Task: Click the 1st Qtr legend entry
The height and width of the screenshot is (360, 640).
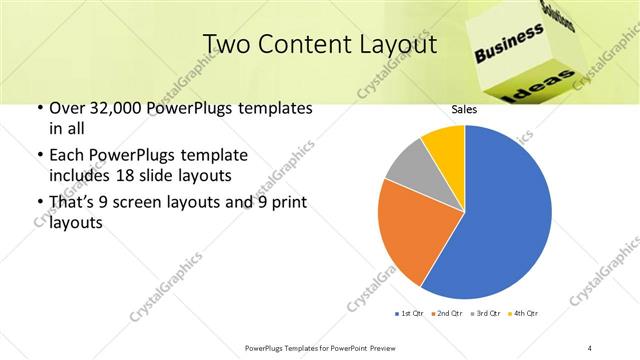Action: (x=411, y=314)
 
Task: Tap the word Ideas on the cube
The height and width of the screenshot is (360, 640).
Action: (x=546, y=84)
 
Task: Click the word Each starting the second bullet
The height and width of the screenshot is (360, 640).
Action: (x=68, y=156)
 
